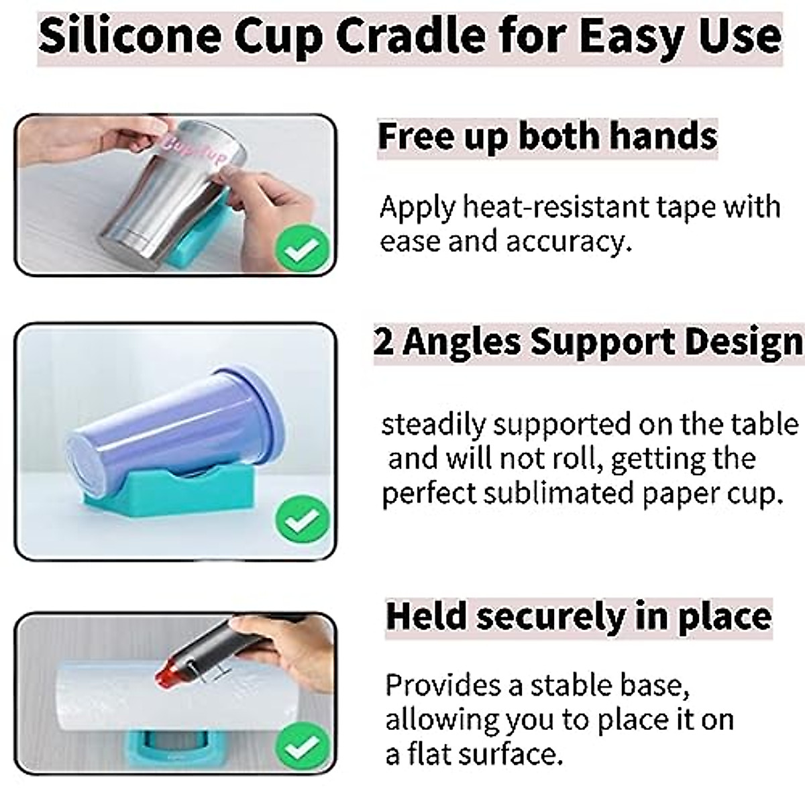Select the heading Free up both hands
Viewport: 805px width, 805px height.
(x=547, y=136)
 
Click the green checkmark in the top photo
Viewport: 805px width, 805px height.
(x=303, y=250)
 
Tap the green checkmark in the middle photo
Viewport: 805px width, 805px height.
(x=303, y=519)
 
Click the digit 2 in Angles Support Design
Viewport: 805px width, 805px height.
(x=383, y=343)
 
